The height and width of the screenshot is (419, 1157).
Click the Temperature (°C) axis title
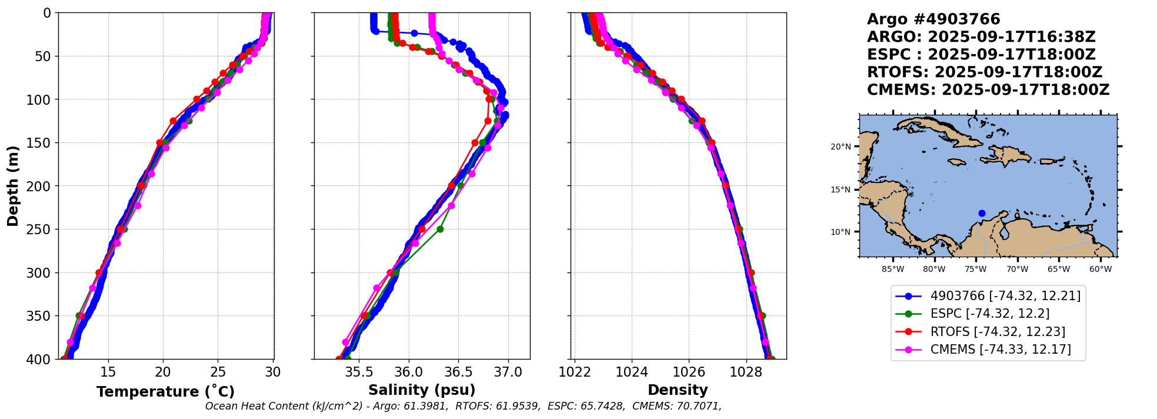165,391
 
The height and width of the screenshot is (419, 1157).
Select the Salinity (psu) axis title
422,390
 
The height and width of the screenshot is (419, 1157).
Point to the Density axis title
678,390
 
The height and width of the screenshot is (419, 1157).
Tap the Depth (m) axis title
13,185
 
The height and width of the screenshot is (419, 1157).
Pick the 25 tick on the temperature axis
218,372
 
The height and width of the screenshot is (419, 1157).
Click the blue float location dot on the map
982,214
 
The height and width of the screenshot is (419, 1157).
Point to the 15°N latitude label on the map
841,189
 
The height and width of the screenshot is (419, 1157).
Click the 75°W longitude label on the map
975,270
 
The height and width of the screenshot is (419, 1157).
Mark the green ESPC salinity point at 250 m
440,229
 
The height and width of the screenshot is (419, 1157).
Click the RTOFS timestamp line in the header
984,72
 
